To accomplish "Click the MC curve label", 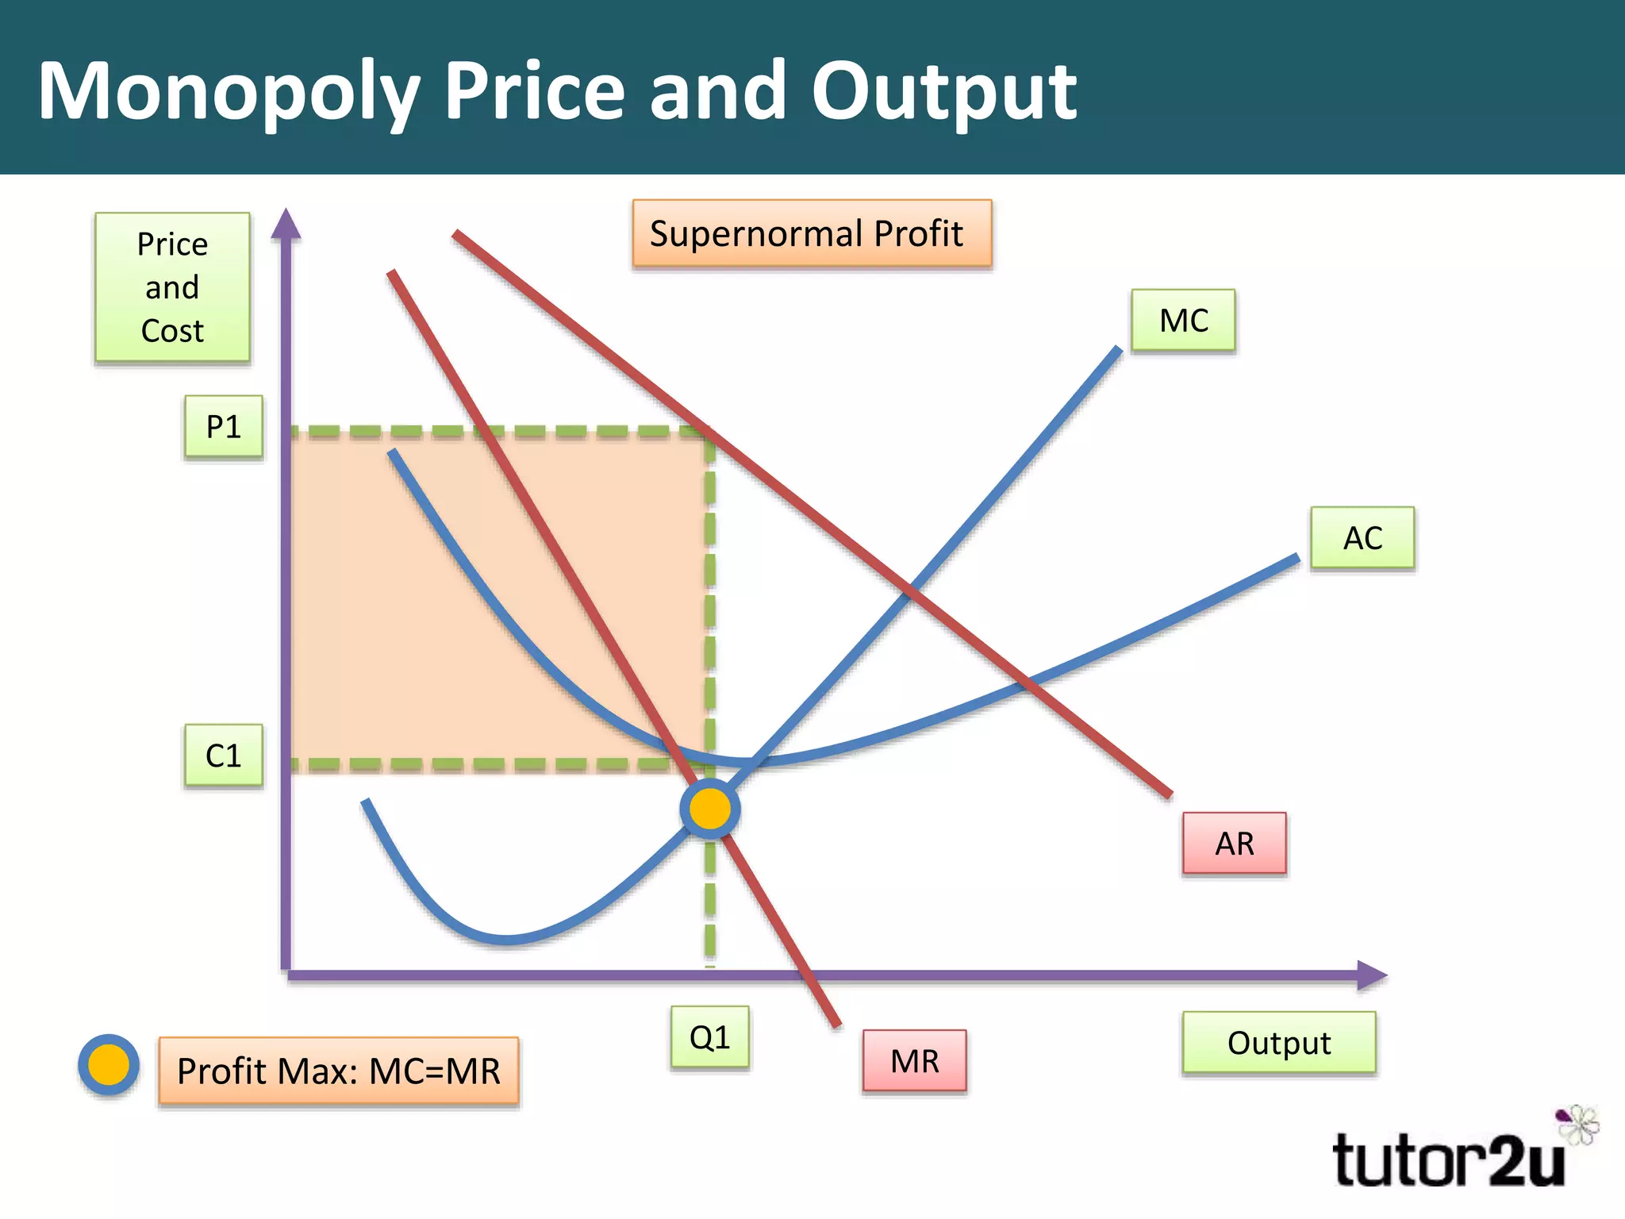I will pyautogui.click(x=1183, y=321).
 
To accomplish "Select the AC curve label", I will pyautogui.click(x=1362, y=538).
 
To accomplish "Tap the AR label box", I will pyautogui.click(x=1234, y=844).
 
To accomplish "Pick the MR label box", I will pyautogui.click(x=914, y=1061).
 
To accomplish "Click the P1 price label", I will pyautogui.click(x=224, y=427).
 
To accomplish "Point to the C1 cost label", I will pyautogui.click(x=224, y=756).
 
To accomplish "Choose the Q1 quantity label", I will pyautogui.click(x=709, y=1037).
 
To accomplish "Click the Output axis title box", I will pyautogui.click(x=1278, y=1043).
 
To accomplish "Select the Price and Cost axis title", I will pyautogui.click(x=172, y=287).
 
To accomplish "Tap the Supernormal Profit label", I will pyautogui.click(x=812, y=234).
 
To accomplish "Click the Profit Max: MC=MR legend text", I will pyautogui.click(x=339, y=1071).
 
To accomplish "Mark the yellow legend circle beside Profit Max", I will pyautogui.click(x=109, y=1065).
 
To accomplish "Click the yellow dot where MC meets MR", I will pyautogui.click(x=710, y=809).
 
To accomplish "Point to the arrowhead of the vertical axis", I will pyautogui.click(x=286, y=224).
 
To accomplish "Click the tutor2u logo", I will pyautogui.click(x=1449, y=1160).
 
